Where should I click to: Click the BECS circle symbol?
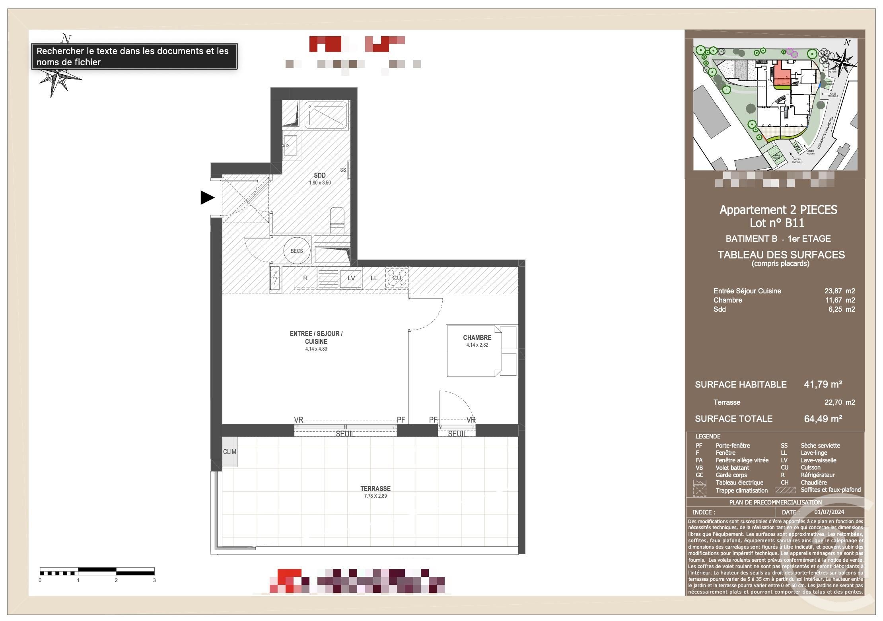click(297, 251)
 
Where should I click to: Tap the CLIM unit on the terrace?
click(230, 452)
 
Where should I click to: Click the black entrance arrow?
click(207, 198)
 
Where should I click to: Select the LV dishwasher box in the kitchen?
click(351, 278)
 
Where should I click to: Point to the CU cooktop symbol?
click(397, 278)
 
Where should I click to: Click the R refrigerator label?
click(305, 278)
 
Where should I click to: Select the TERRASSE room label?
click(375, 489)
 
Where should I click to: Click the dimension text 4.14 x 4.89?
click(316, 349)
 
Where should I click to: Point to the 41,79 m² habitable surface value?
click(823, 384)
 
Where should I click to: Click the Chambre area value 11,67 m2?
click(839, 300)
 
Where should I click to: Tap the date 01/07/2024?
click(829, 512)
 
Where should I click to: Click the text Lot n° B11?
click(777, 223)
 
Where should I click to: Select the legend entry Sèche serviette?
click(820, 445)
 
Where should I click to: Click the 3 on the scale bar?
click(154, 580)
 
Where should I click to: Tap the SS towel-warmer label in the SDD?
click(343, 170)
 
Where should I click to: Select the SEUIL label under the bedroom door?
click(457, 434)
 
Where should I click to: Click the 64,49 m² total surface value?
click(823, 419)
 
